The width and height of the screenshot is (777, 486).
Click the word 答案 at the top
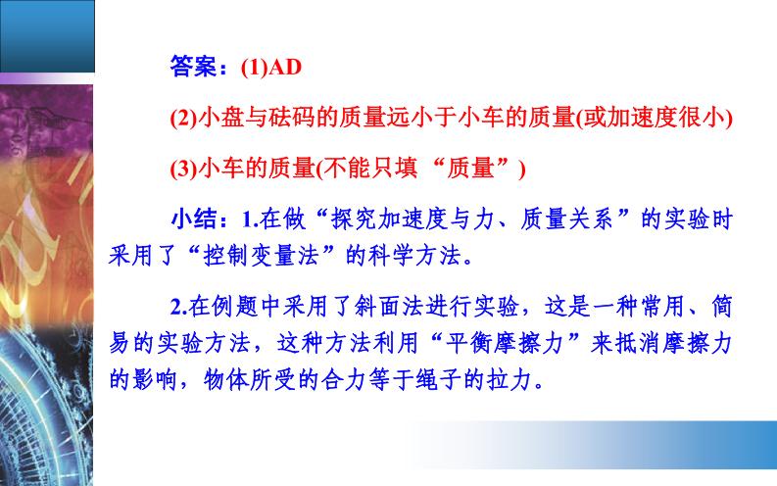pyautogui.click(x=194, y=67)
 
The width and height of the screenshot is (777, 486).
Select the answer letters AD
pyautogui.click(x=285, y=68)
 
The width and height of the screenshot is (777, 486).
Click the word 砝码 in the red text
pyautogui.click(x=292, y=118)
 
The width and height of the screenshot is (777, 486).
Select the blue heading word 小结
pyautogui.click(x=194, y=219)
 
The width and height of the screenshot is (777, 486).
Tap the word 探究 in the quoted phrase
pyautogui.click(x=354, y=219)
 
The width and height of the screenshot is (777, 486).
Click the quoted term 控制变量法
pyautogui.click(x=262, y=256)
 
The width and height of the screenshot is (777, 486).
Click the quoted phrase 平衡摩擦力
pyautogui.click(x=505, y=343)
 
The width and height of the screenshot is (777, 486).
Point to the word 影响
pyautogui.click(x=156, y=379)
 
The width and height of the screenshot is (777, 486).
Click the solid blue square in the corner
pyautogui.click(x=47, y=36)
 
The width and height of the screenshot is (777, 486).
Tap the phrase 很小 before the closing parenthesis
pyautogui.click(x=702, y=118)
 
